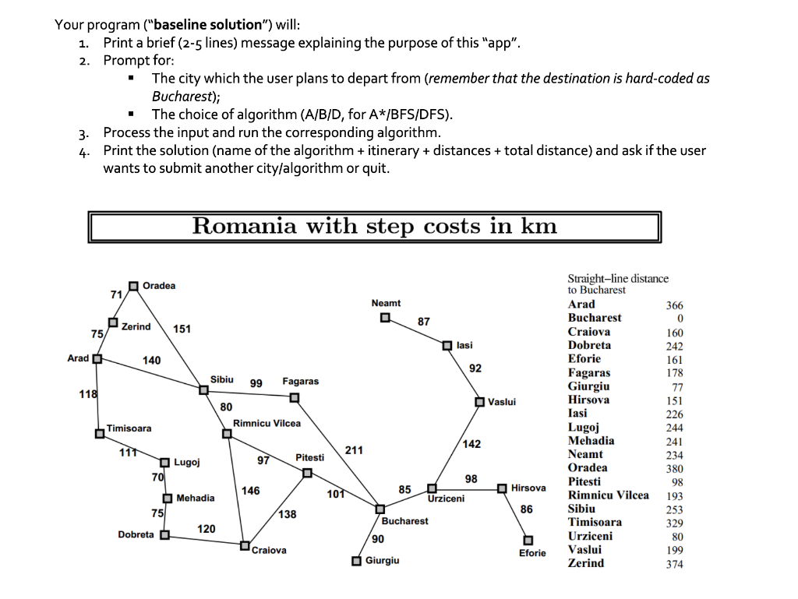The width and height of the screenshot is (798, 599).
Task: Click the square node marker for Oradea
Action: pos(134,286)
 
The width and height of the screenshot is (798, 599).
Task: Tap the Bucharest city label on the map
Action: pos(404,520)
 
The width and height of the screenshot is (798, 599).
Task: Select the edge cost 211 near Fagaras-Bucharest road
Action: pos(353,450)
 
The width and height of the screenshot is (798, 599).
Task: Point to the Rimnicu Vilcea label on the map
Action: pos(267,423)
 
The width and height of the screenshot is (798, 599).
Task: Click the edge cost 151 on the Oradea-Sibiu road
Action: pos(182,329)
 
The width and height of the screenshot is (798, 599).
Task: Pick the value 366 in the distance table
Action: pos(673,305)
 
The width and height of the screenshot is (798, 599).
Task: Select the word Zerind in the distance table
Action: pos(585,562)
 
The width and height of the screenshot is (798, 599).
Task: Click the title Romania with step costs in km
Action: pos(375,226)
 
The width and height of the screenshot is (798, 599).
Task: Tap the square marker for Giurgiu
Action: pos(355,562)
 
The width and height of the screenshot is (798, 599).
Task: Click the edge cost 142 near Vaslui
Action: pos(471,444)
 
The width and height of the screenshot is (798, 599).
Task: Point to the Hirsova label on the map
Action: pos(528,488)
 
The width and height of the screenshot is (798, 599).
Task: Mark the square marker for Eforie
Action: pos(528,540)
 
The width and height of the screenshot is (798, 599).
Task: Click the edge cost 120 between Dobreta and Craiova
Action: pos(206,529)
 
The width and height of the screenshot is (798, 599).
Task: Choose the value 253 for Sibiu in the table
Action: pos(673,509)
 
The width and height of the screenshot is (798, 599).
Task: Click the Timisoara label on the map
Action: pos(129,428)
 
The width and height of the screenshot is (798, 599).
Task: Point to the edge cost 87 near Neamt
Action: pos(423,321)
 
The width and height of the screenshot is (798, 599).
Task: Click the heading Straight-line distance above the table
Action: pos(618,278)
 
